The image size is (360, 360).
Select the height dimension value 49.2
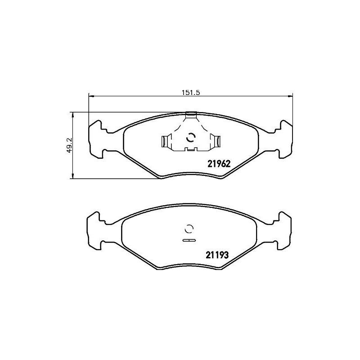69,145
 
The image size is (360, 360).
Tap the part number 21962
219,164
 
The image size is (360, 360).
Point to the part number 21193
218,255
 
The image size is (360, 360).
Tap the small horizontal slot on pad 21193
189,241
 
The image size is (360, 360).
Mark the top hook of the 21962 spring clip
191,116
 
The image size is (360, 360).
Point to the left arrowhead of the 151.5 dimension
90,95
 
